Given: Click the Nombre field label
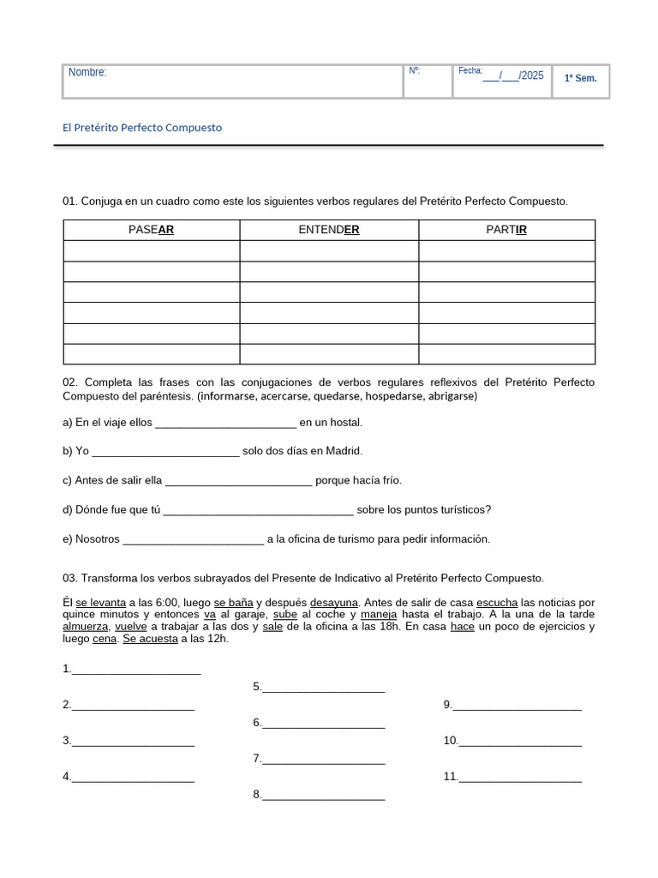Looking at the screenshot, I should (x=87, y=73).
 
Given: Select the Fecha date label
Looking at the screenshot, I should (x=470, y=71).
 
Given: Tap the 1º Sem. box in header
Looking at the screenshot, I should (x=580, y=79).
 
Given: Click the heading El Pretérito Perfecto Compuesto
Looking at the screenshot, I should (x=142, y=128).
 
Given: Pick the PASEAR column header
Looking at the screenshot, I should (x=151, y=230).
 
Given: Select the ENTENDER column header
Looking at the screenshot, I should (x=328, y=230).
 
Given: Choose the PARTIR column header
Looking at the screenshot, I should (x=506, y=230).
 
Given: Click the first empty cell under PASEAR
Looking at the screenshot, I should (x=151, y=251).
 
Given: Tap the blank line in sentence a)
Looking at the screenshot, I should (x=225, y=423).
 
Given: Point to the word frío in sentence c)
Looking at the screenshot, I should (x=388, y=480).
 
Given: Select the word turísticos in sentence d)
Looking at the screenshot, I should (x=458, y=510).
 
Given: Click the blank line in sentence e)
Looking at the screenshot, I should (x=194, y=539).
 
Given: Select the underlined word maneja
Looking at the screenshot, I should (x=379, y=615).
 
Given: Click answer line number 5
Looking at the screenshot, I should (x=323, y=688).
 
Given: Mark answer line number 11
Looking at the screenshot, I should (x=519, y=778).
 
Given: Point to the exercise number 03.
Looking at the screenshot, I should (x=70, y=579).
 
